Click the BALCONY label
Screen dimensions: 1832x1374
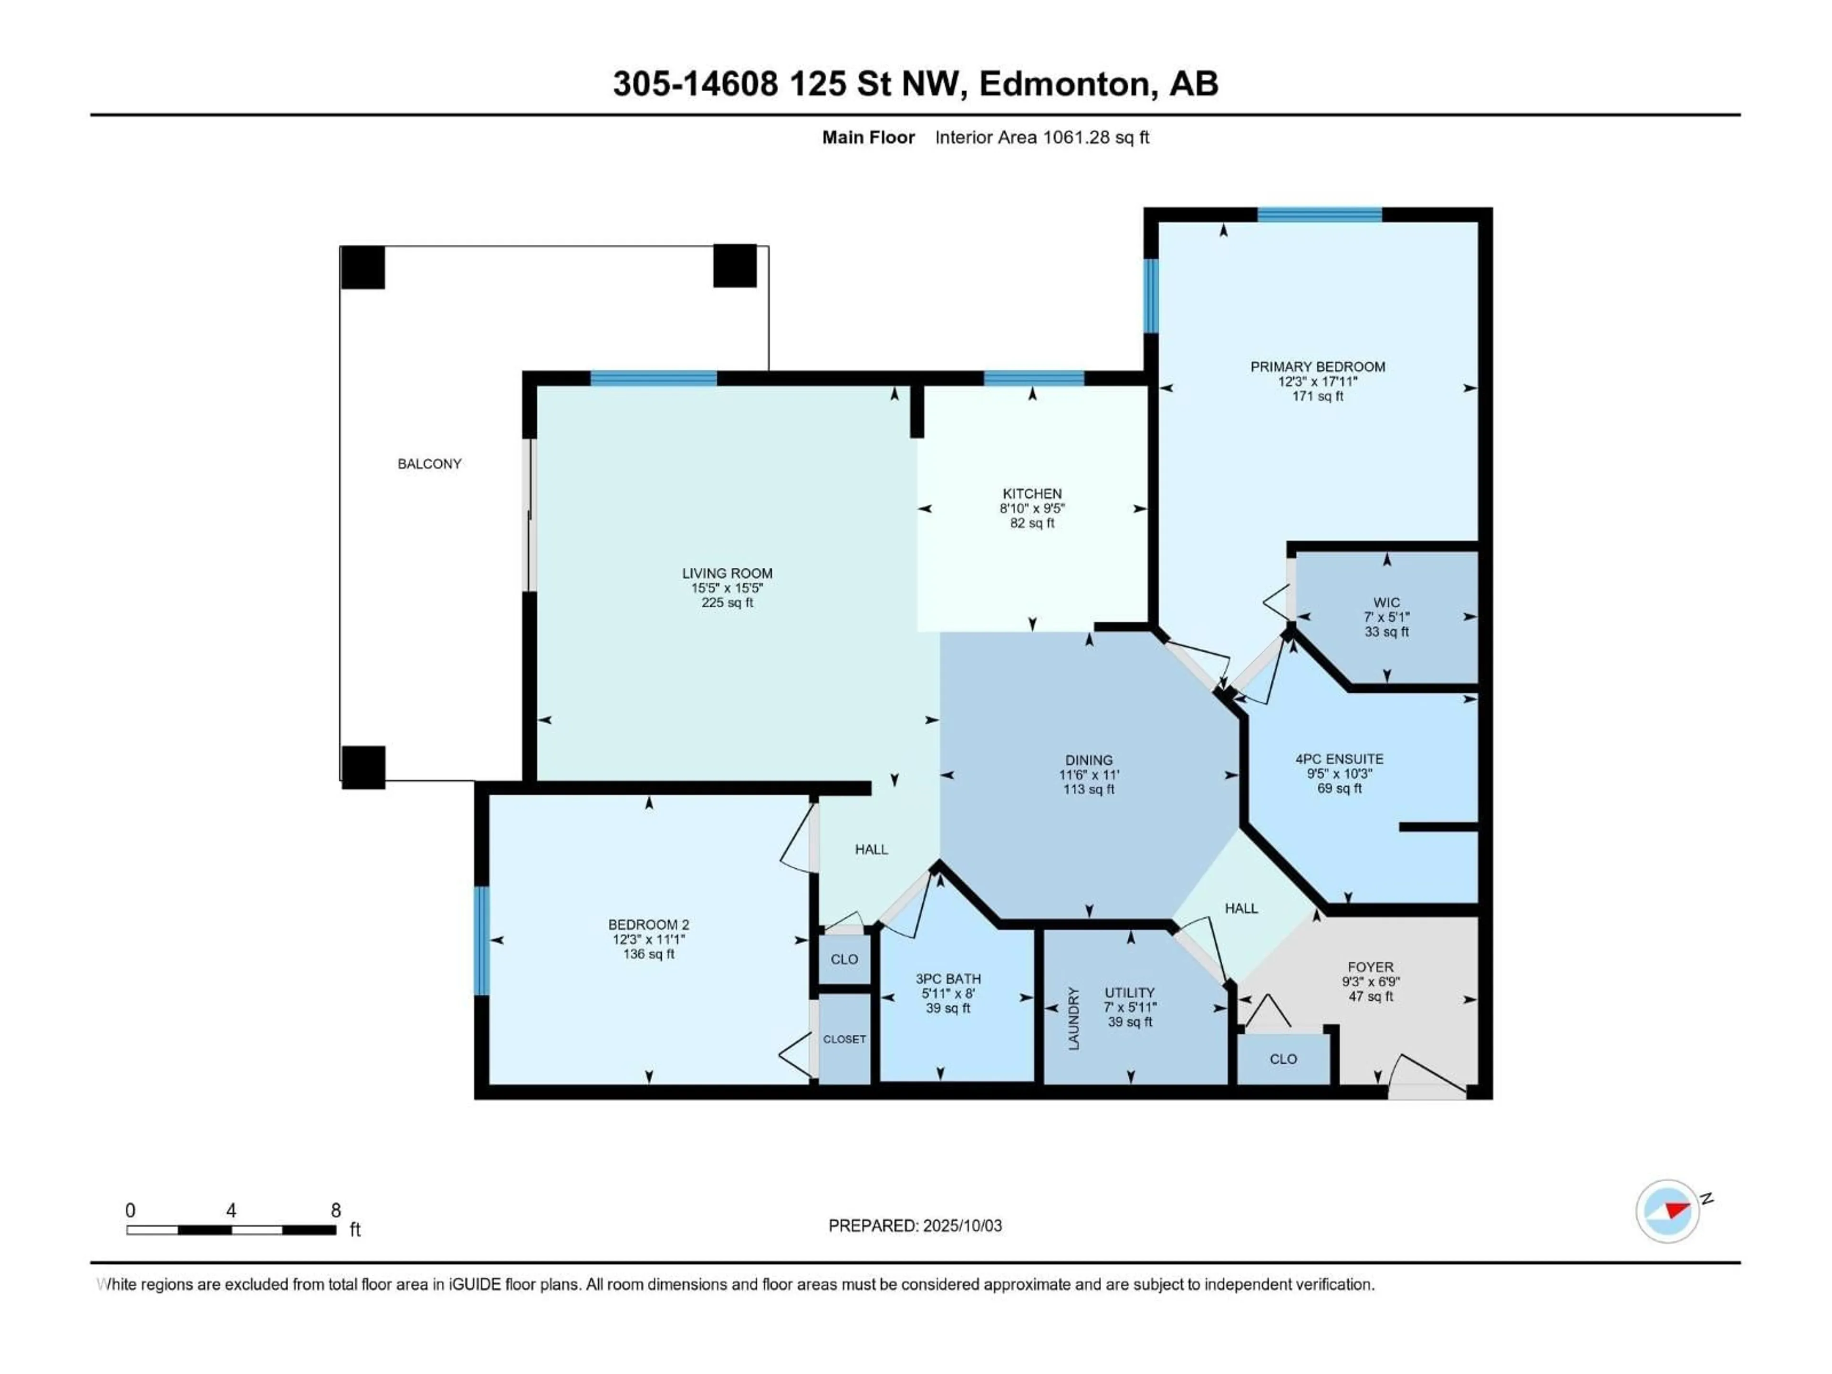click(x=429, y=464)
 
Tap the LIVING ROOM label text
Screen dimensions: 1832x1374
click(x=727, y=573)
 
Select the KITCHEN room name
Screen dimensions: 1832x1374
click(x=1032, y=494)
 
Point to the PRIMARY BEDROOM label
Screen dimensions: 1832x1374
click(x=1318, y=367)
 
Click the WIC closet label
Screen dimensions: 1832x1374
click(x=1386, y=603)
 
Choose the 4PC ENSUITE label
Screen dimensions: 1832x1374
click(x=1339, y=759)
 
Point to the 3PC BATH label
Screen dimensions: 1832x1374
click(x=948, y=979)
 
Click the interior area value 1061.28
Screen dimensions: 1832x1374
click(x=1076, y=137)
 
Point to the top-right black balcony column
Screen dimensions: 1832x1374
click(x=735, y=266)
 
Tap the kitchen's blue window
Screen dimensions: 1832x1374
click(x=1034, y=378)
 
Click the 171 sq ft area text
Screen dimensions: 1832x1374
click(x=1318, y=397)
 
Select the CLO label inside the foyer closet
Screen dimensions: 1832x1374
click(x=1283, y=1059)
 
